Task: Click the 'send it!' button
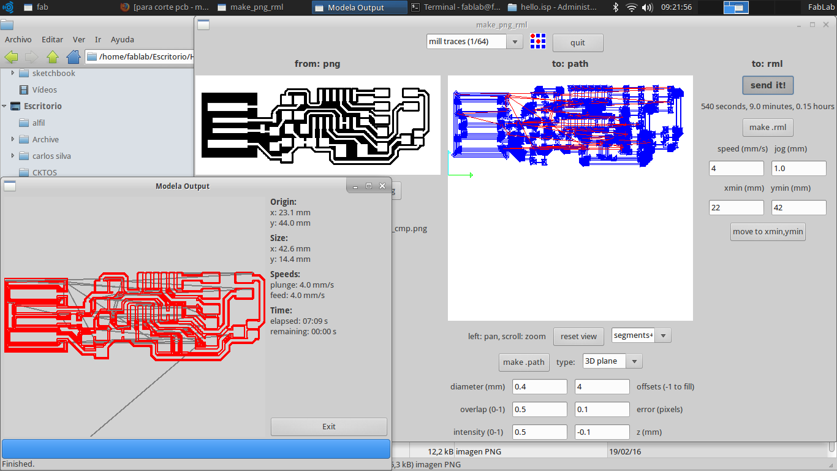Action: click(x=768, y=85)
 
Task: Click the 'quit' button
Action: click(x=577, y=43)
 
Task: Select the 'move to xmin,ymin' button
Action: click(x=768, y=232)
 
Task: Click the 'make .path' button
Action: click(x=523, y=362)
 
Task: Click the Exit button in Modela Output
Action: click(x=329, y=426)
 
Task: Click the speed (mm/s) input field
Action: click(x=736, y=169)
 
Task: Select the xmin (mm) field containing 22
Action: click(x=736, y=208)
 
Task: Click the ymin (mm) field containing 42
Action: click(x=798, y=208)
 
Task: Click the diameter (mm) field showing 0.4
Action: click(x=540, y=386)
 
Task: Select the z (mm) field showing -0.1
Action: click(x=602, y=432)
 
